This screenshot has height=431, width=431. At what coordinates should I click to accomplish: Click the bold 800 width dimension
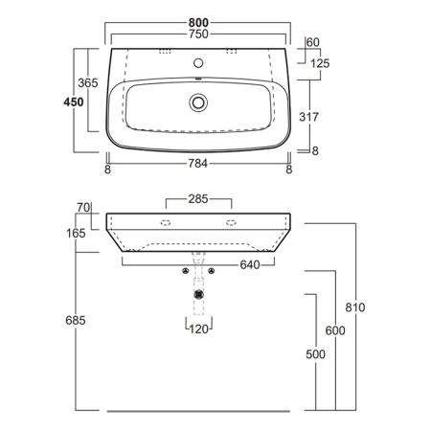click(x=198, y=23)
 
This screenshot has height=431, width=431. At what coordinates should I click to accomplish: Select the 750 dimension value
click(x=198, y=34)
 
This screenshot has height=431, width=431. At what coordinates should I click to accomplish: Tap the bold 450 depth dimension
click(x=74, y=102)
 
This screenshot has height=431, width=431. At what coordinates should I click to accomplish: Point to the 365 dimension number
click(x=88, y=83)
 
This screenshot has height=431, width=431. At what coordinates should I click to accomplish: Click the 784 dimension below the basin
click(x=198, y=164)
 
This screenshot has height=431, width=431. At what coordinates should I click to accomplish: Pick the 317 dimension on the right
click(x=308, y=117)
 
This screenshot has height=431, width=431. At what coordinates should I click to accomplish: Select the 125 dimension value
click(x=320, y=63)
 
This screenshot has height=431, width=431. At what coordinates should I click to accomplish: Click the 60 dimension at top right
click(x=313, y=42)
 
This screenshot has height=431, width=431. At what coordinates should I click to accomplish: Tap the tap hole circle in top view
click(x=198, y=63)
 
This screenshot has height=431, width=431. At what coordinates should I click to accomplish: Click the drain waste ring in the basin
click(x=198, y=102)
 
